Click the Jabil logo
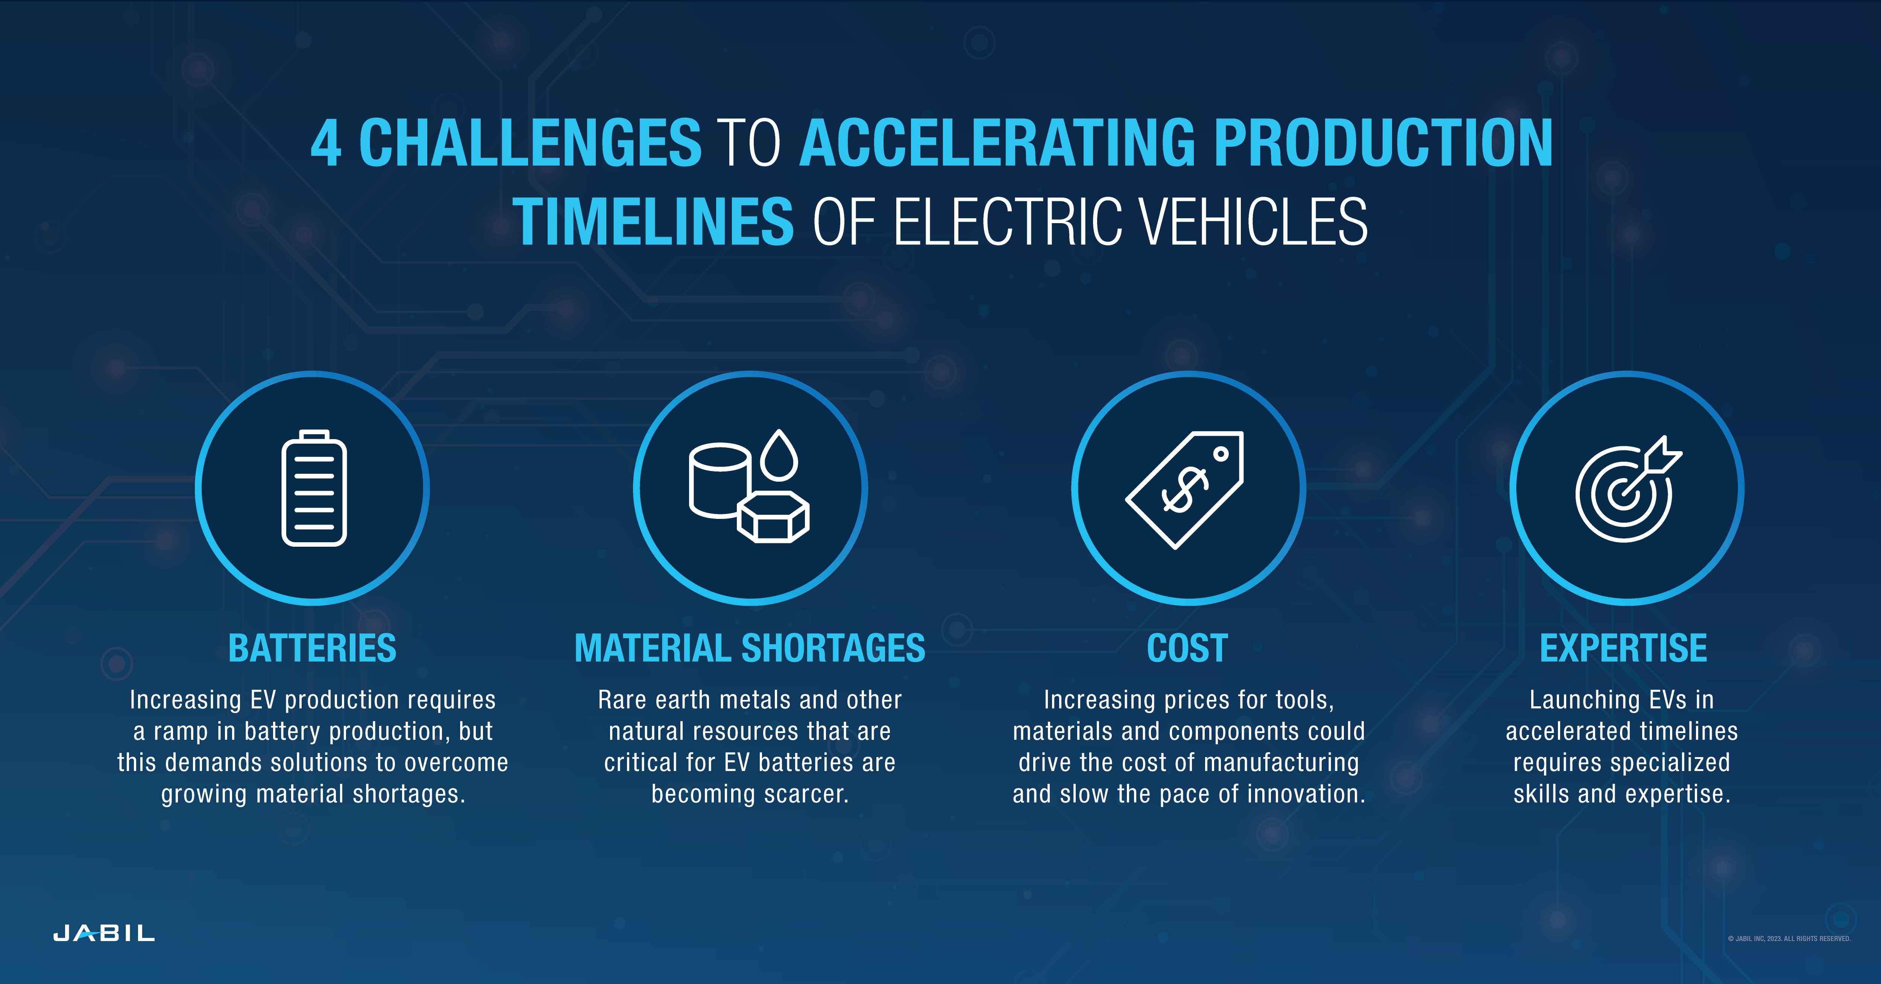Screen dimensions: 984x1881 click(x=104, y=934)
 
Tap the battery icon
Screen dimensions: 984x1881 click(x=314, y=488)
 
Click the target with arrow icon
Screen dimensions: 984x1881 click(x=1627, y=490)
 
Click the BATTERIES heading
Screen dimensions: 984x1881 click(x=313, y=648)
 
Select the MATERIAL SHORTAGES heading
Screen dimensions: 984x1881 click(x=750, y=648)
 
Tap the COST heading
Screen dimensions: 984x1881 click(x=1187, y=648)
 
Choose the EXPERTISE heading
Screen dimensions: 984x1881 click(x=1623, y=648)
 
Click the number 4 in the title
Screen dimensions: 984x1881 click(x=326, y=143)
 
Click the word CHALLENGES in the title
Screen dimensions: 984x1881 click(x=530, y=143)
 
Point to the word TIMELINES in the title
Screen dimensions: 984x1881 click(x=653, y=222)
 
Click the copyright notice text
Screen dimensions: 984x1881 click(x=1789, y=939)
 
